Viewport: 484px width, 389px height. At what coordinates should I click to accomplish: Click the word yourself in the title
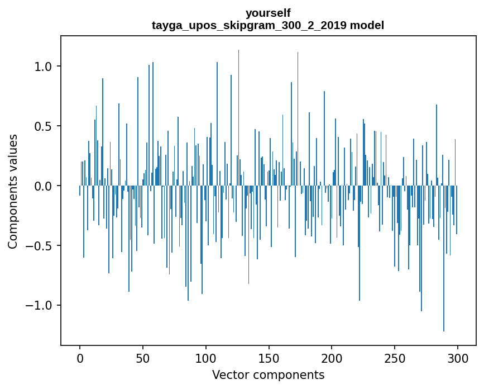pos(268,13)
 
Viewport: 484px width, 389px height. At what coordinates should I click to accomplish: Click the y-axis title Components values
pos(13,191)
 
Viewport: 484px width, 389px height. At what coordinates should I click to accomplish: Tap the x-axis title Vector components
pos(268,374)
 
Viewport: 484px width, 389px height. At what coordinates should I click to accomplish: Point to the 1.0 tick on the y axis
pos(44,67)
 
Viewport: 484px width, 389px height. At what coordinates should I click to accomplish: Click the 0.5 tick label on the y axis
pos(44,126)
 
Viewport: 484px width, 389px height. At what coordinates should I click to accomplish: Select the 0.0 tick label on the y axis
pos(44,186)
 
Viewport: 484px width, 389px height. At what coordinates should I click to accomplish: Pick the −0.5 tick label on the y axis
pos(40,246)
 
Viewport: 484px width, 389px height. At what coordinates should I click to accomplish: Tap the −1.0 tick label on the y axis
pos(40,306)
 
